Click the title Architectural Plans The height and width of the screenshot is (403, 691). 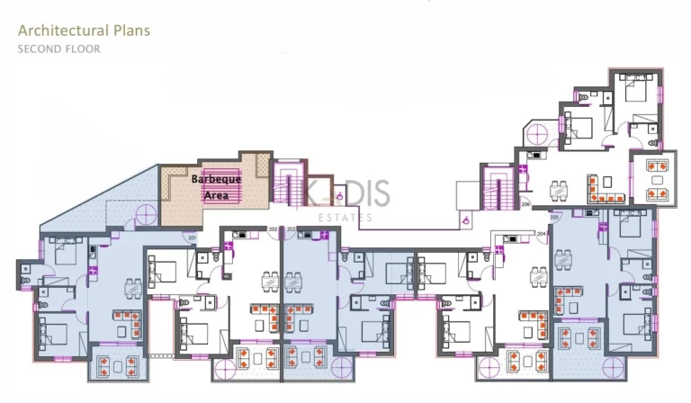click(84, 30)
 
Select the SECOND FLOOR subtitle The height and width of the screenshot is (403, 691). click(59, 49)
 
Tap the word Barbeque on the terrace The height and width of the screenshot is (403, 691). click(216, 179)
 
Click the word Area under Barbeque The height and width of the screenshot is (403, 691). click(216, 193)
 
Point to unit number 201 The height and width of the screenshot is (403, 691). click(192, 237)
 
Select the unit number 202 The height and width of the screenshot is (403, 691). click(273, 230)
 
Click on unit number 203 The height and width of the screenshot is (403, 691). click(292, 230)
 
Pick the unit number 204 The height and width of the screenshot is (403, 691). click(542, 234)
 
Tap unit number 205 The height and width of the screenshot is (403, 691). click(553, 218)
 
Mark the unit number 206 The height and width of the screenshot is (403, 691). click(525, 204)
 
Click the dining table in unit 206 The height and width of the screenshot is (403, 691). click(560, 189)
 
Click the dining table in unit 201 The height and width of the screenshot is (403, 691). click(132, 289)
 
